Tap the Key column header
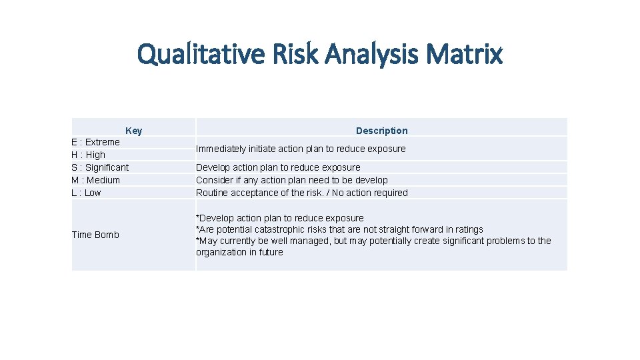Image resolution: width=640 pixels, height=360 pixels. pyautogui.click(x=133, y=131)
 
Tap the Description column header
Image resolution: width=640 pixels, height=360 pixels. pyautogui.click(x=381, y=131)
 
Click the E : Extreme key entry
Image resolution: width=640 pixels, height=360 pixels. pyautogui.click(x=96, y=142)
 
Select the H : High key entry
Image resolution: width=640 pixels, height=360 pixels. pyautogui.click(x=89, y=155)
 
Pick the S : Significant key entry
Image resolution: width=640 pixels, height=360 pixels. pyautogui.click(x=100, y=167)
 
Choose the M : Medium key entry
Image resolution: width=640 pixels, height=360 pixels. pyautogui.click(x=96, y=180)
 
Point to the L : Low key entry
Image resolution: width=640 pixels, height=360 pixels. pyautogui.click(x=87, y=193)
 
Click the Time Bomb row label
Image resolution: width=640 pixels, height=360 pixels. pyautogui.click(x=95, y=235)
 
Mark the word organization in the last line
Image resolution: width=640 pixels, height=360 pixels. pyautogui.click(x=223, y=252)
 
